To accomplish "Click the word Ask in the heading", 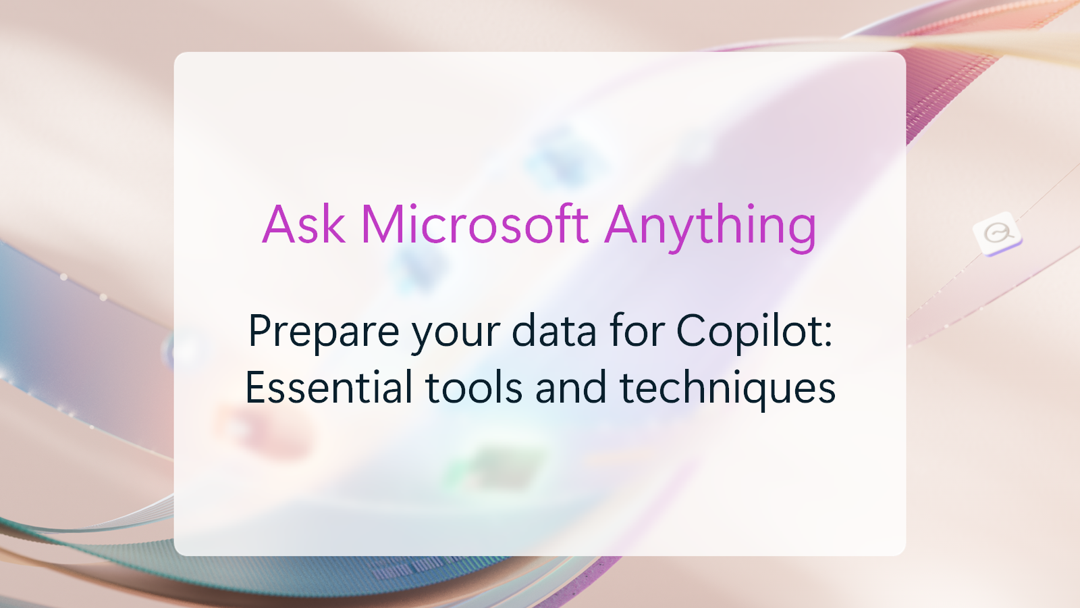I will [304, 224].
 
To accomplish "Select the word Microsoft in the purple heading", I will [475, 224].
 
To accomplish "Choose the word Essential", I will [329, 388].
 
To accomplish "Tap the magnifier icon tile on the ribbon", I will [998, 234].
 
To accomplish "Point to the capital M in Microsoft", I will [384, 224].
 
